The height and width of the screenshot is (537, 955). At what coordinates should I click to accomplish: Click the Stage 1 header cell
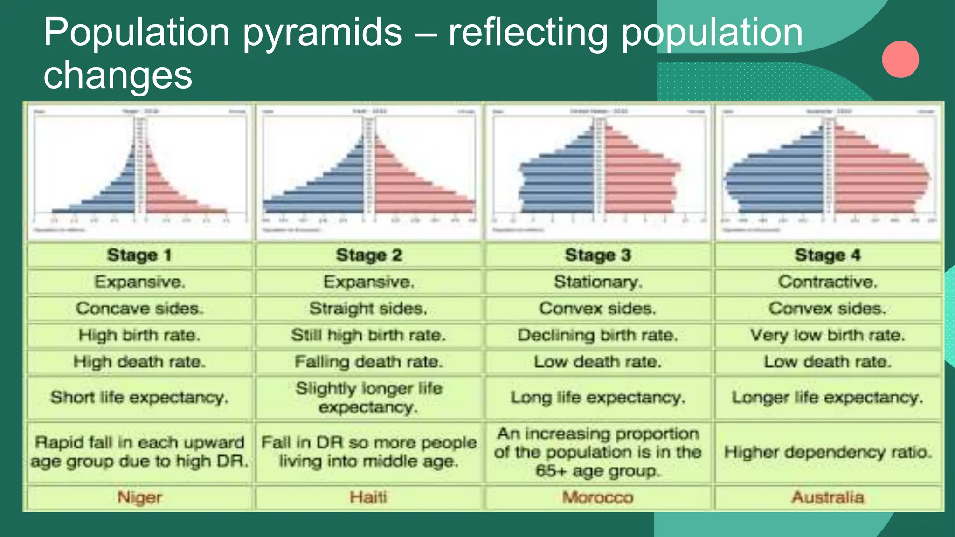coord(139,255)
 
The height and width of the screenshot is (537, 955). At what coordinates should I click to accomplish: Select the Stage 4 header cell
coord(828,255)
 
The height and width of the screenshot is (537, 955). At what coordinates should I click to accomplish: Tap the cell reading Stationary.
coord(598,282)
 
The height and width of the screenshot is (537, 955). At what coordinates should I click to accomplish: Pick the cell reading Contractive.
coord(828,282)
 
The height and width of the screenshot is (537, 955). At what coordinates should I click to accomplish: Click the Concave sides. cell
coord(139,308)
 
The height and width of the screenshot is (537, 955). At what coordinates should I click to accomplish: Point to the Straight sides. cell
coord(368,308)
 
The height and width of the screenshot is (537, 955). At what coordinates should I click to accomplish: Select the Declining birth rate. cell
coord(598,335)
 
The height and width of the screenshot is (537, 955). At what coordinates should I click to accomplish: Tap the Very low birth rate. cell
coord(828,335)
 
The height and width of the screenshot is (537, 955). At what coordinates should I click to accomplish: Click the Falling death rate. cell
coord(368,362)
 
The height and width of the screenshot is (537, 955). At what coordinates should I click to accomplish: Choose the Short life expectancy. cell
coord(139,398)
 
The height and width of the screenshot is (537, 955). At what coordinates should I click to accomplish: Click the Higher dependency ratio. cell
coord(828,452)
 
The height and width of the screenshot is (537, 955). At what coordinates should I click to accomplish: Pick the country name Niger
coord(139,497)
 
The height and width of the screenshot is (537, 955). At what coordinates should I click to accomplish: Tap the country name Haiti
coord(368,497)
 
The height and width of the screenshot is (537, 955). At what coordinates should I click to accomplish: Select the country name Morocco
coord(598,497)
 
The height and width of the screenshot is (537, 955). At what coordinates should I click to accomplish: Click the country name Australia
coord(828,497)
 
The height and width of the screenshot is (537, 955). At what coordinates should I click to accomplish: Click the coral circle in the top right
coord(900,59)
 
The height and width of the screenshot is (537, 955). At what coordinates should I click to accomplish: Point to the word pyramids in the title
coord(322,33)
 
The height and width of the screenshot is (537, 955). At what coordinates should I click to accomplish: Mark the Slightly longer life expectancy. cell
coord(368,398)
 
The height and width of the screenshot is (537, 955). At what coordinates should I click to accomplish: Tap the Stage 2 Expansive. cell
coord(368,282)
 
